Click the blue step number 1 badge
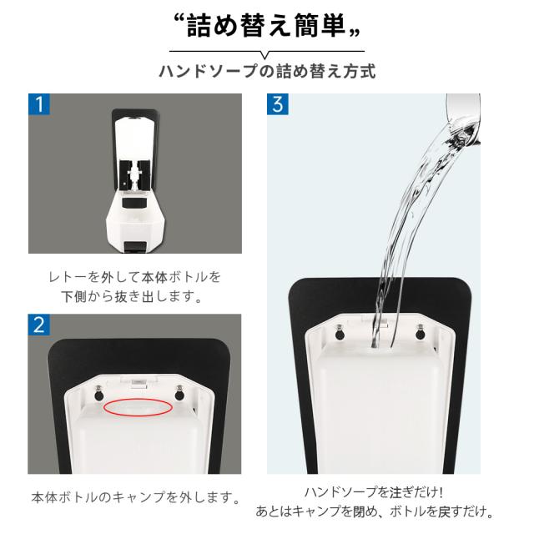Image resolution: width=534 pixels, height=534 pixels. (x=39, y=104)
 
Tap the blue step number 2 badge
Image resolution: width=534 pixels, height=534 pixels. (x=39, y=325)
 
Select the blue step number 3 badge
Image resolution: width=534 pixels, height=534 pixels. (x=278, y=104)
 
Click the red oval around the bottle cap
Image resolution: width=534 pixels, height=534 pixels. (x=138, y=407)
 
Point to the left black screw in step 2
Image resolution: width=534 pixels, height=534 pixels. (x=98, y=395)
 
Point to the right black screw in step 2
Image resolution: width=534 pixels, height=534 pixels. (x=179, y=394)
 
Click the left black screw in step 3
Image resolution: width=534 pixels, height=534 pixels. (x=340, y=333)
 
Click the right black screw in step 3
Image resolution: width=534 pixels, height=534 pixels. (x=421, y=332)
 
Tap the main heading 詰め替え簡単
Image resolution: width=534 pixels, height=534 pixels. (x=266, y=26)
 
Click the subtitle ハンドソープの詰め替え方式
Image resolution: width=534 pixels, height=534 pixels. (x=267, y=71)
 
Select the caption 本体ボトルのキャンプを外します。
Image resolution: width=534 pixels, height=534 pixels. (x=135, y=497)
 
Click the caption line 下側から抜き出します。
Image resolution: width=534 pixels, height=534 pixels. (x=132, y=296)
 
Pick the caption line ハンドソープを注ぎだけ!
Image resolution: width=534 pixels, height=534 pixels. (x=373, y=492)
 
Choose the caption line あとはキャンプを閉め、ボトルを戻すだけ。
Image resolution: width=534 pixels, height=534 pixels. (x=374, y=511)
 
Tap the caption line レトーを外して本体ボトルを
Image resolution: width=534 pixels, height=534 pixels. (x=135, y=277)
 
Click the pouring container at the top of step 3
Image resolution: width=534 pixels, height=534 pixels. (x=463, y=118)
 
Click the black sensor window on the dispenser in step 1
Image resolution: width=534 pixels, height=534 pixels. (x=135, y=203)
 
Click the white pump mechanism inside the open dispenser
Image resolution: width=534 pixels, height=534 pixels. (x=135, y=175)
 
